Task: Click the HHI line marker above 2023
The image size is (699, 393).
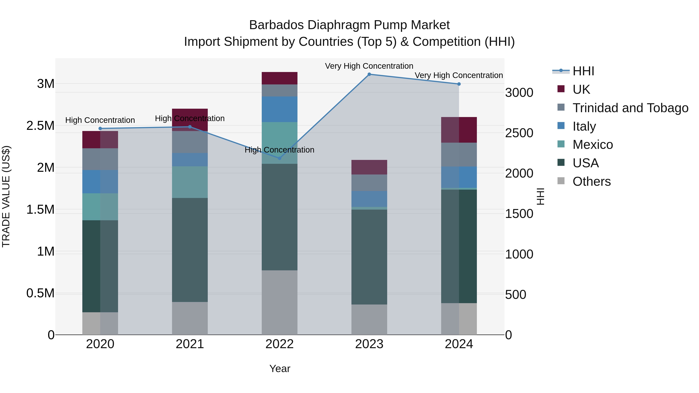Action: (x=369, y=74)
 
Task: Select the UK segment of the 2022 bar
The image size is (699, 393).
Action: (x=279, y=78)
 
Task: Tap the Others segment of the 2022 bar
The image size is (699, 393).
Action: (x=279, y=302)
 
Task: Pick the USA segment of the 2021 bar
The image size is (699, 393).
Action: (x=190, y=250)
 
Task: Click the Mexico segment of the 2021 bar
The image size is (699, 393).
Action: (x=190, y=182)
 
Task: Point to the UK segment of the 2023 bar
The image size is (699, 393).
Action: (x=369, y=167)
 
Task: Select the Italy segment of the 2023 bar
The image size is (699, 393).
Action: (x=369, y=199)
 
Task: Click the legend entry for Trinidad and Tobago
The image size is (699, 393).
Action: (x=630, y=108)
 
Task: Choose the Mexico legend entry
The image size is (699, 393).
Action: (x=593, y=145)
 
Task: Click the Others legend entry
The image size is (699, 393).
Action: (x=592, y=181)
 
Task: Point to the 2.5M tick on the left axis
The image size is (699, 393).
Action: (x=40, y=126)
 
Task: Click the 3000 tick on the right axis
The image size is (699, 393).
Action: (x=519, y=93)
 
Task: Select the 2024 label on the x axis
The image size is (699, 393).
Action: (x=459, y=344)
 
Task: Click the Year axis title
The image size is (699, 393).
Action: (x=280, y=369)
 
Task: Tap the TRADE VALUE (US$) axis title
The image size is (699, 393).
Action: (x=6, y=196)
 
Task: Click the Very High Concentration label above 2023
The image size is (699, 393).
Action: (x=369, y=66)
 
